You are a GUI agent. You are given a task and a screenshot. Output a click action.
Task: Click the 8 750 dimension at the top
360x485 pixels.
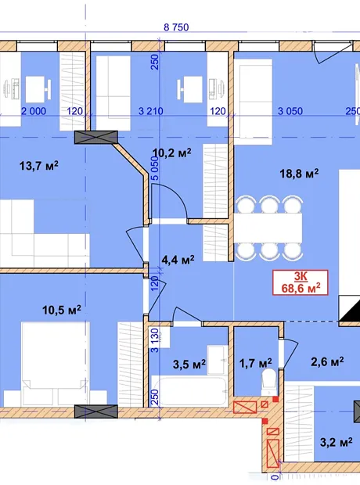pos(176,27)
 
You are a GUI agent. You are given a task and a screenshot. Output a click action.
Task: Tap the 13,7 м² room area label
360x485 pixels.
pos(38,166)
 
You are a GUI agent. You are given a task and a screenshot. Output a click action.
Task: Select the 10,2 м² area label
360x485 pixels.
pos(172,153)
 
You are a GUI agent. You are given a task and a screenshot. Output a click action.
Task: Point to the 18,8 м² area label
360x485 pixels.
pos(299,173)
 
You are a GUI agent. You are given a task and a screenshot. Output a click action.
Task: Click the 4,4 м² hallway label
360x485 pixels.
pos(178,260)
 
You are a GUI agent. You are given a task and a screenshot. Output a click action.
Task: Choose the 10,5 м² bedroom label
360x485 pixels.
pos(62,309)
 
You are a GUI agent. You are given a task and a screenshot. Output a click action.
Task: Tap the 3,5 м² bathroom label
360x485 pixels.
pos(189,364)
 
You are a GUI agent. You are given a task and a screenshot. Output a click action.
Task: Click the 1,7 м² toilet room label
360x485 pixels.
pos(256,362)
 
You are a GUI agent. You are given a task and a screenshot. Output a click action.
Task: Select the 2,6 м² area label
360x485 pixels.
pos(327,361)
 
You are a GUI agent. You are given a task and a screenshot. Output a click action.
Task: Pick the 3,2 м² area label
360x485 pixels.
pos(337,442)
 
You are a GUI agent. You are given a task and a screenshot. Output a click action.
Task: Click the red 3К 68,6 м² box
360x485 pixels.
pos(301,282)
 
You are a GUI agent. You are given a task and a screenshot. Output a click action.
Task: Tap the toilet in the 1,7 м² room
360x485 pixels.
pos(269,382)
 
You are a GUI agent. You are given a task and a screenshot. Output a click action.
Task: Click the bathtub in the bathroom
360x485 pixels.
pos(189,390)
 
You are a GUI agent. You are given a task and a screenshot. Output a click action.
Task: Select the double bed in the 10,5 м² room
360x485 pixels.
pos(55,364)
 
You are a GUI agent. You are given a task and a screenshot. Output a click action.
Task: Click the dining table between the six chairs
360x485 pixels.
pos(268,228)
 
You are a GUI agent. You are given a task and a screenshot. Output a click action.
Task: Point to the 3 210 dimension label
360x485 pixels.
pos(150,111)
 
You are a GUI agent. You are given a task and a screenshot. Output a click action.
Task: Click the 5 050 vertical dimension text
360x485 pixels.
pos(155,168)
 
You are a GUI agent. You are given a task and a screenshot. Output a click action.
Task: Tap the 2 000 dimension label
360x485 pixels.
pos(34,111)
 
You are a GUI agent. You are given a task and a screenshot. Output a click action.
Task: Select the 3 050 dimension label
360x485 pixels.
pos(290,111)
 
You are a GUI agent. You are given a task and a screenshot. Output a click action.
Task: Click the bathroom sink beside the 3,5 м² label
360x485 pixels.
pos(218,360)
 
